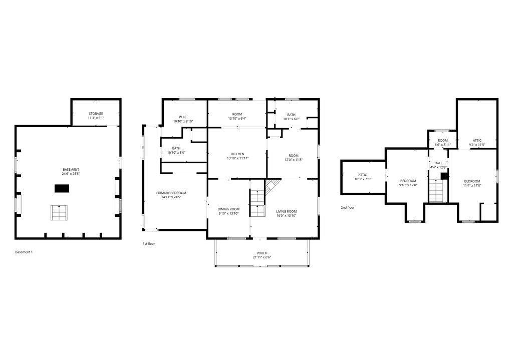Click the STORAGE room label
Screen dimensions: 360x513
click(96, 114)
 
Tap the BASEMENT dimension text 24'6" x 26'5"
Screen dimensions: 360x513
click(71, 174)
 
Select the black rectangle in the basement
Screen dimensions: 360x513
click(62, 188)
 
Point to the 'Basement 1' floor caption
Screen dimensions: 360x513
click(24, 252)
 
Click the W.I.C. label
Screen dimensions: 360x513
click(183, 117)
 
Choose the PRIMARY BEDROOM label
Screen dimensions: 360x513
click(171, 193)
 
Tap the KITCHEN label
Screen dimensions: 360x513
click(237, 154)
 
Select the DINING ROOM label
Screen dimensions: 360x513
click(228, 209)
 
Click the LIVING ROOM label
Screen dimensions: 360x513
click(287, 211)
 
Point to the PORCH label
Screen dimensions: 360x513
click(262, 253)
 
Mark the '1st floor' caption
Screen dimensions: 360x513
click(149, 244)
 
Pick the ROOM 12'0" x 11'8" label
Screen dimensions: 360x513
click(293, 155)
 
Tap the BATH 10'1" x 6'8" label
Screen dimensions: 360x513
click(291, 115)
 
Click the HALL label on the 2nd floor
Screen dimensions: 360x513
click(438, 163)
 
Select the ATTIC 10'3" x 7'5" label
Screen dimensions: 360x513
click(363, 175)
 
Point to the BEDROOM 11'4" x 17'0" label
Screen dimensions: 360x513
click(472, 181)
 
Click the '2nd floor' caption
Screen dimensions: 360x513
click(348, 207)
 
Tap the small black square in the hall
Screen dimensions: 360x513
click(444, 176)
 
